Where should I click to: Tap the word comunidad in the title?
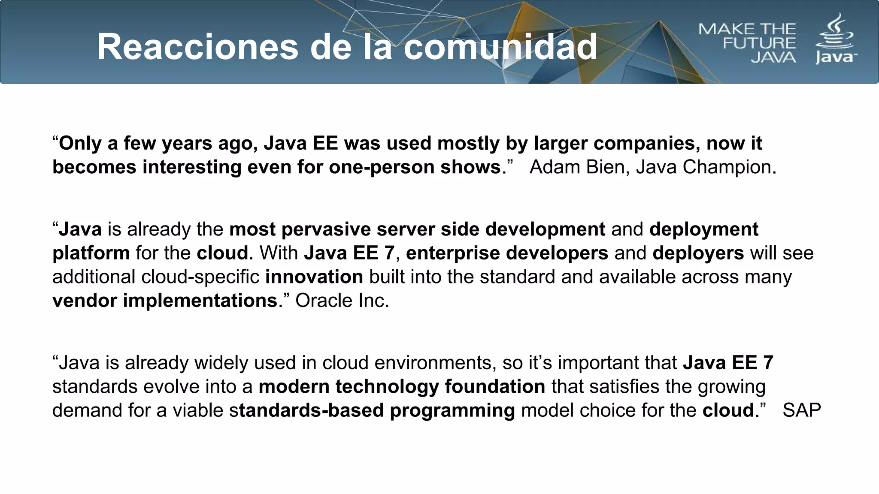[500, 47]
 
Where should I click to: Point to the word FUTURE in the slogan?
[759, 43]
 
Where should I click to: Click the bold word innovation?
[314, 277]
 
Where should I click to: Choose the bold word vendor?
[85, 301]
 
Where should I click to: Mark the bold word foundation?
[495, 387]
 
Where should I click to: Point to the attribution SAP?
[801, 410]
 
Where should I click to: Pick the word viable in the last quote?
[198, 410]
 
